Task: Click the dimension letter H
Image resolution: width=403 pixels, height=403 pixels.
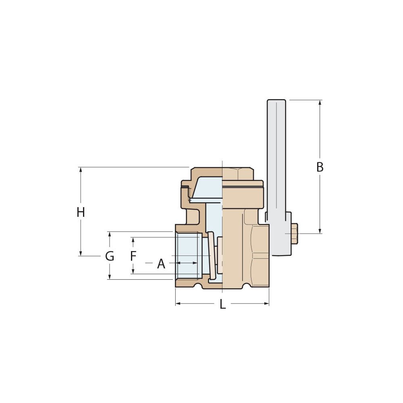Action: (81, 212)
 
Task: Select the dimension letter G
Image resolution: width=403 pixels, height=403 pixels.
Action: (110, 256)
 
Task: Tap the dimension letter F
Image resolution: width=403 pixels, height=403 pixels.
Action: (133, 256)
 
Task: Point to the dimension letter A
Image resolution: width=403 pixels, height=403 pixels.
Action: (161, 264)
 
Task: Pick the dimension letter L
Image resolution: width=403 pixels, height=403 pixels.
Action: (222, 305)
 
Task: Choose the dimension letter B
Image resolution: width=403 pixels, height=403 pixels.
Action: (320, 167)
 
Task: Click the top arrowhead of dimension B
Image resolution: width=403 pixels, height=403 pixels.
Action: (320, 102)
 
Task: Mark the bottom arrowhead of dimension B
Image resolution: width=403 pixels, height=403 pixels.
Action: (320, 231)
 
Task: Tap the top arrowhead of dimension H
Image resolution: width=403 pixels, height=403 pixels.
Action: (81, 170)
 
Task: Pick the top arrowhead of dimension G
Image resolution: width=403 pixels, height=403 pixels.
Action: (110, 234)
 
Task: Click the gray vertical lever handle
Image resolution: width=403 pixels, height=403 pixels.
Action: (276, 161)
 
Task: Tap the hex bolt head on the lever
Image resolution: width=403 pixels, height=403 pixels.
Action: (294, 234)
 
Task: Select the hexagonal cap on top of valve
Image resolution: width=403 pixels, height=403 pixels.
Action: (238, 174)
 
